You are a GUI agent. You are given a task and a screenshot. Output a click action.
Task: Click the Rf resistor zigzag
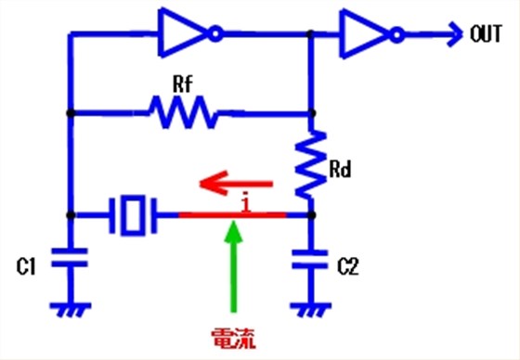click(183, 114)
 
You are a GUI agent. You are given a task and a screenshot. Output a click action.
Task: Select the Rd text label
click(343, 169)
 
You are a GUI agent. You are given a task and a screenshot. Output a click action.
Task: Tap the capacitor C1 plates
click(69, 257)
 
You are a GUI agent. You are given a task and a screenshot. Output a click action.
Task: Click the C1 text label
click(27, 267)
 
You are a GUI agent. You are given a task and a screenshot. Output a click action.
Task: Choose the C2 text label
click(346, 267)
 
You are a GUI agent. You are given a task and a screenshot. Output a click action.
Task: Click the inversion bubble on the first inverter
click(215, 34)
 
